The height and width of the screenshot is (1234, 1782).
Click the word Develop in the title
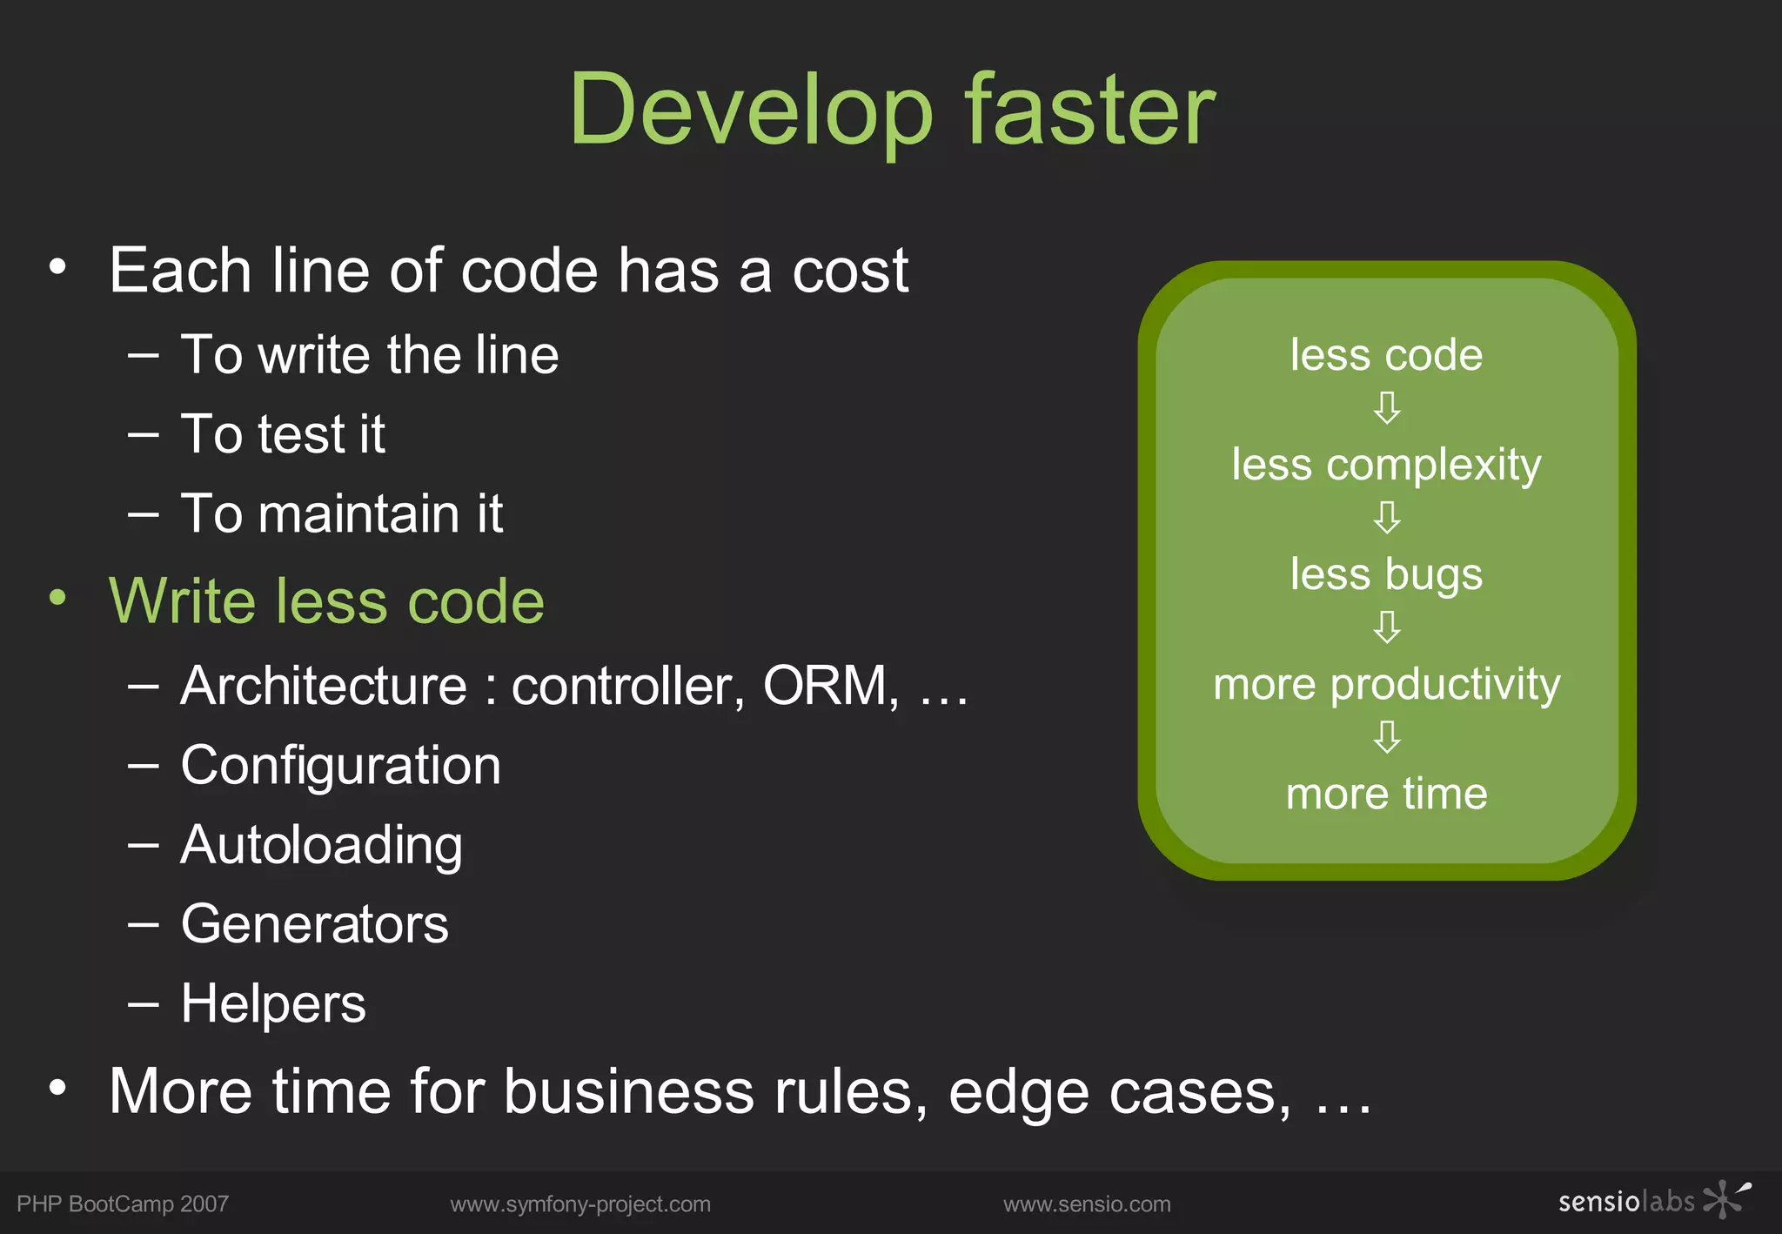coord(751,111)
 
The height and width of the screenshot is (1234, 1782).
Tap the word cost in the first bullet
coord(850,271)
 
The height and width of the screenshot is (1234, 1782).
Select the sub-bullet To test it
coord(283,433)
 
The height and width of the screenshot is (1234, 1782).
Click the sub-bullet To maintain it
coord(341,513)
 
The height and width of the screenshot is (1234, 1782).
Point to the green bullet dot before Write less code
coord(57,598)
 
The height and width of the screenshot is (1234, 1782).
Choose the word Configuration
coord(340,766)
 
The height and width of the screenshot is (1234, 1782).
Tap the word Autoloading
coord(321,845)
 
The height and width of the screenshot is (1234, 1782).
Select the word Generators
coord(314,924)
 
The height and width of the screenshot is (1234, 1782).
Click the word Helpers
coord(273,1003)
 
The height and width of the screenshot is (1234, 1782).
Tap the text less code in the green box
coord(1386,355)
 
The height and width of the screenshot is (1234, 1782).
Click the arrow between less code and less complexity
coord(1387,407)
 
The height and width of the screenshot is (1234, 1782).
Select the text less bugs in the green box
coord(1386,574)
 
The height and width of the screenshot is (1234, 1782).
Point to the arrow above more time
coord(1387,736)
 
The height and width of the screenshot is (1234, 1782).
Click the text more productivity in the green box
coord(1386,684)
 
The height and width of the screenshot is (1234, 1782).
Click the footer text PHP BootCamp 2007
coord(123,1204)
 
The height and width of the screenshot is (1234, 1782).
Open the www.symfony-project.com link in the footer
coord(580,1204)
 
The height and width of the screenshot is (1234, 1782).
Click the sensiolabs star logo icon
coord(1725,1199)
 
